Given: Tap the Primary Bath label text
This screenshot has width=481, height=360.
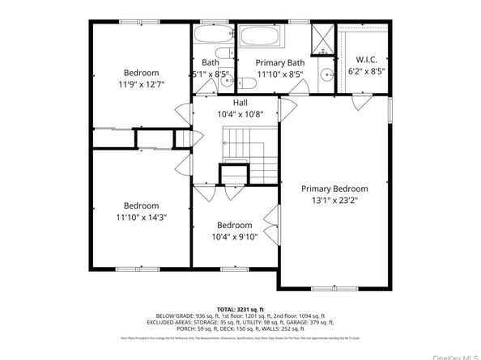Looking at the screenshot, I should (x=279, y=62).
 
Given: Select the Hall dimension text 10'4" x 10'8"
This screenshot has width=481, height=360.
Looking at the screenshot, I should (x=240, y=115).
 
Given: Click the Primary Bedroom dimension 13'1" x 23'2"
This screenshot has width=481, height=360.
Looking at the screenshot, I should (x=334, y=200).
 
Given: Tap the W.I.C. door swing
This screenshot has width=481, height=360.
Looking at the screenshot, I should (x=359, y=100).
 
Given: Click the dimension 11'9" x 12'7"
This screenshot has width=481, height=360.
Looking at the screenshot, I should (x=141, y=83).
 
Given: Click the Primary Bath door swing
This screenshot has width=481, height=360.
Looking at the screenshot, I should (x=286, y=108).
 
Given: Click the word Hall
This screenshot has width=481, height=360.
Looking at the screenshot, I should (x=240, y=103).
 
